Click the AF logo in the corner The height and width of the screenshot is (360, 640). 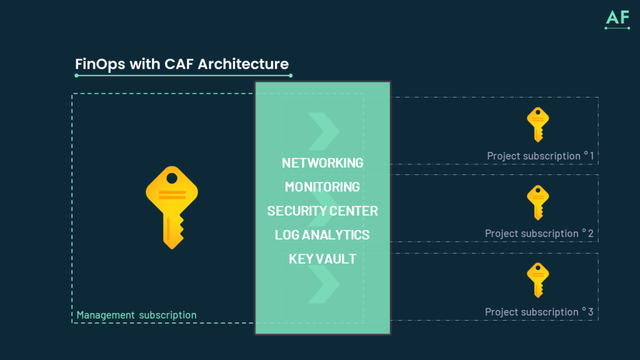tap(617, 18)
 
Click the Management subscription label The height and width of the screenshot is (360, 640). tap(136, 315)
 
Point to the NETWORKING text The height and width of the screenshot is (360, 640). tap(322, 163)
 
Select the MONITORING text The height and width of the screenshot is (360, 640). tap(322, 187)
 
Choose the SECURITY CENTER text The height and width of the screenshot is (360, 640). tap(322, 211)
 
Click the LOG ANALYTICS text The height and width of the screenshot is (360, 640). tap(322, 235)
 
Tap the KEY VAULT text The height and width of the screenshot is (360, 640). tap(322, 259)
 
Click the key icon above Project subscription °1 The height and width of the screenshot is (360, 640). tap(537, 124)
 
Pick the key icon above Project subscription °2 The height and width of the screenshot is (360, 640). tap(537, 202)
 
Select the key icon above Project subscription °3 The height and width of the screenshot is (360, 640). tap(537, 279)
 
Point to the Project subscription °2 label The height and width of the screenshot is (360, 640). tap(539, 233)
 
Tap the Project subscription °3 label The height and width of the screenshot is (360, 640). tap(539, 311)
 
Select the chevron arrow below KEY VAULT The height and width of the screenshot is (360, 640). tap(324, 286)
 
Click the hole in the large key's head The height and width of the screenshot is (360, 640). tap(171, 179)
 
